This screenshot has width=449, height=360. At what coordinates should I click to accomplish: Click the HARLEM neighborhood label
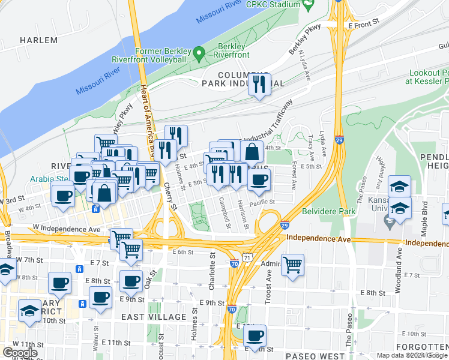click(39, 40)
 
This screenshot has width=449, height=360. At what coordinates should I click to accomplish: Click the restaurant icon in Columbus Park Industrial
click(259, 85)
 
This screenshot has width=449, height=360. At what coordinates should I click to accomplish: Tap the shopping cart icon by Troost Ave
click(292, 265)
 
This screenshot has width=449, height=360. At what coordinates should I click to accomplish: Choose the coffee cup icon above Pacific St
click(259, 179)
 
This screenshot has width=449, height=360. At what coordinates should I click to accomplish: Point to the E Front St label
click(364, 26)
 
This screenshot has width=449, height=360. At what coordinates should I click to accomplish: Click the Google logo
click(20, 353)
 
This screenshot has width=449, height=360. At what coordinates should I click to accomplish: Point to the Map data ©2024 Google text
click(412, 355)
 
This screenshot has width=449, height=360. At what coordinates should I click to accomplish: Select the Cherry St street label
click(170, 197)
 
